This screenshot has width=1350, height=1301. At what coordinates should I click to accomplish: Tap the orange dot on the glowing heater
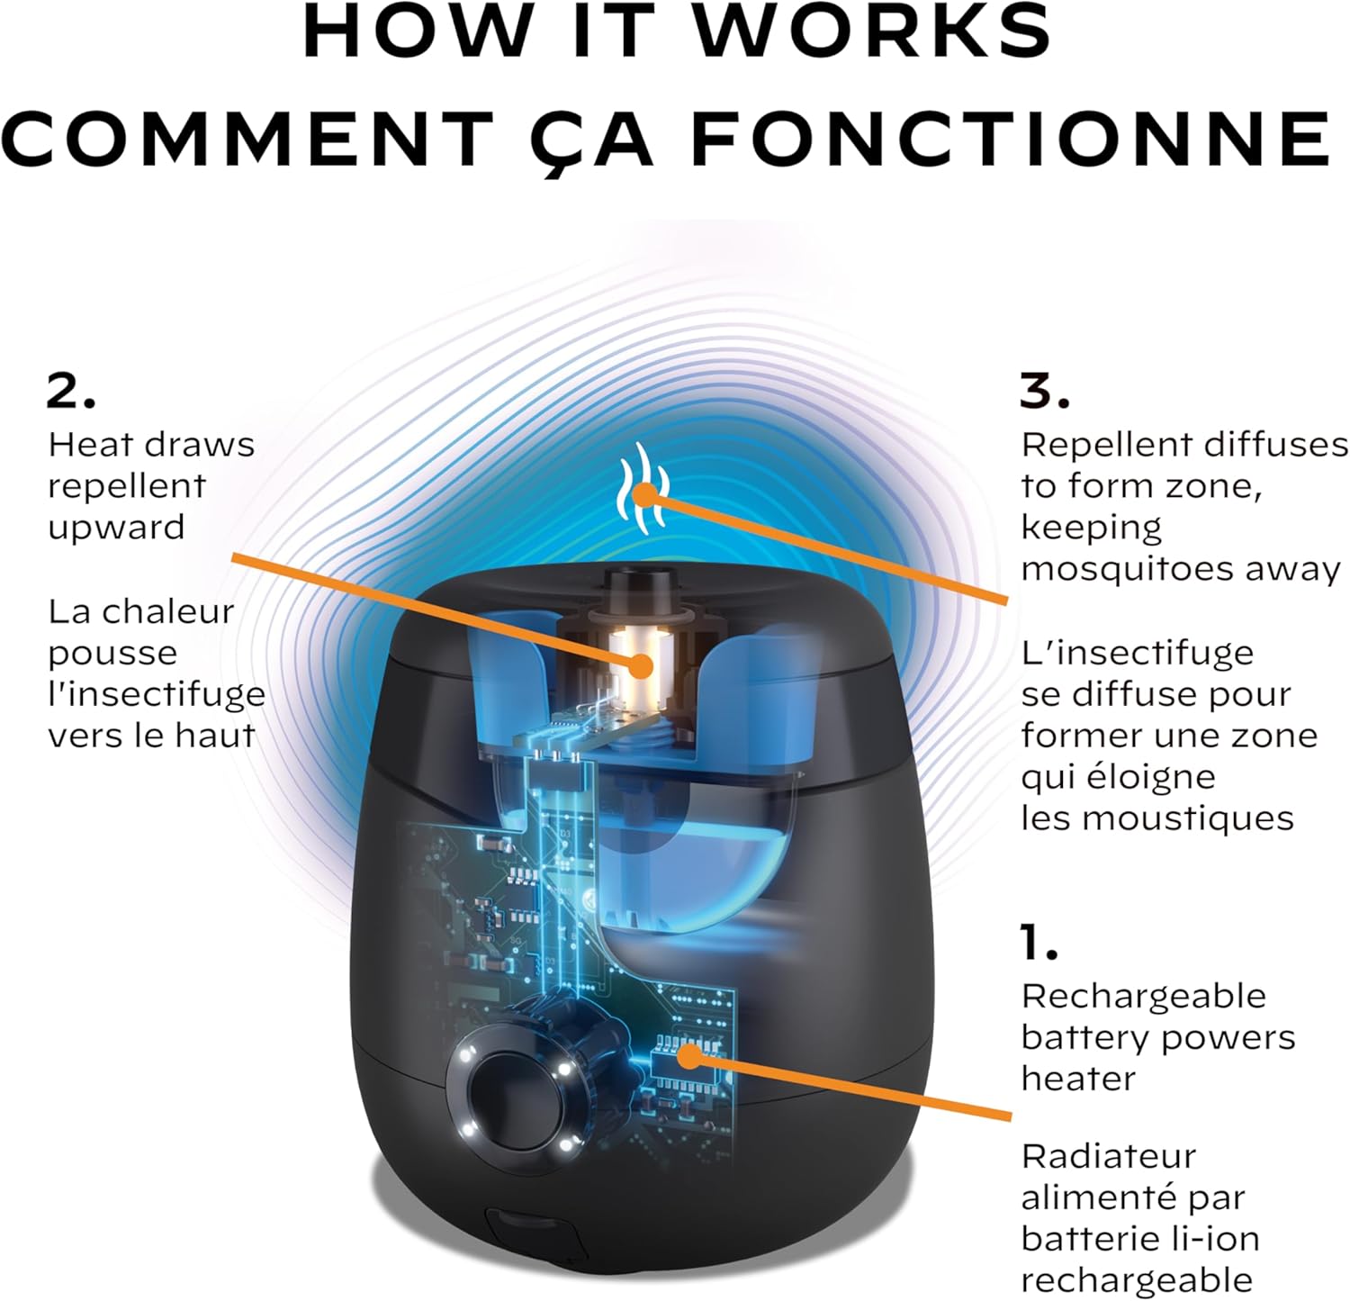tap(641, 666)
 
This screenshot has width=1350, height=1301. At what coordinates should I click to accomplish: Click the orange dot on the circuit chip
tap(688, 1055)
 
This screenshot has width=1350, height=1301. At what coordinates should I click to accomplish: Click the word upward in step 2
tap(116, 529)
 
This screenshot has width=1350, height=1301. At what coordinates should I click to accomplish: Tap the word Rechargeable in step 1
tap(1143, 998)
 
